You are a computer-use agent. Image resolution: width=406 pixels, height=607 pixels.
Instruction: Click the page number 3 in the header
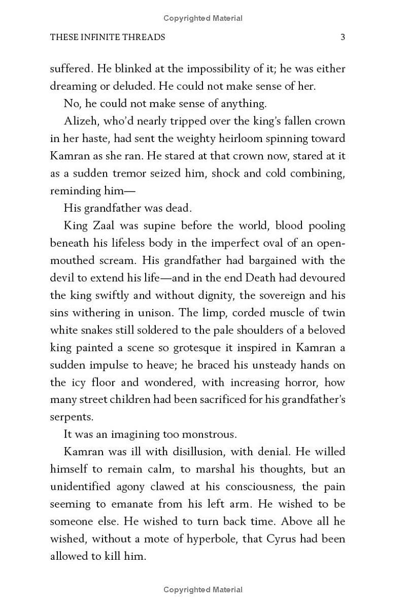coord(343,37)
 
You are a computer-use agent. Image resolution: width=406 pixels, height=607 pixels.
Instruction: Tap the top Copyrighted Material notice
coord(203,18)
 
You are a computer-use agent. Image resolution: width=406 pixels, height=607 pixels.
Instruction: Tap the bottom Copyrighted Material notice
coord(203,589)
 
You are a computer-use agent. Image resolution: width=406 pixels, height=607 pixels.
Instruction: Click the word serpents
coord(71,417)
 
